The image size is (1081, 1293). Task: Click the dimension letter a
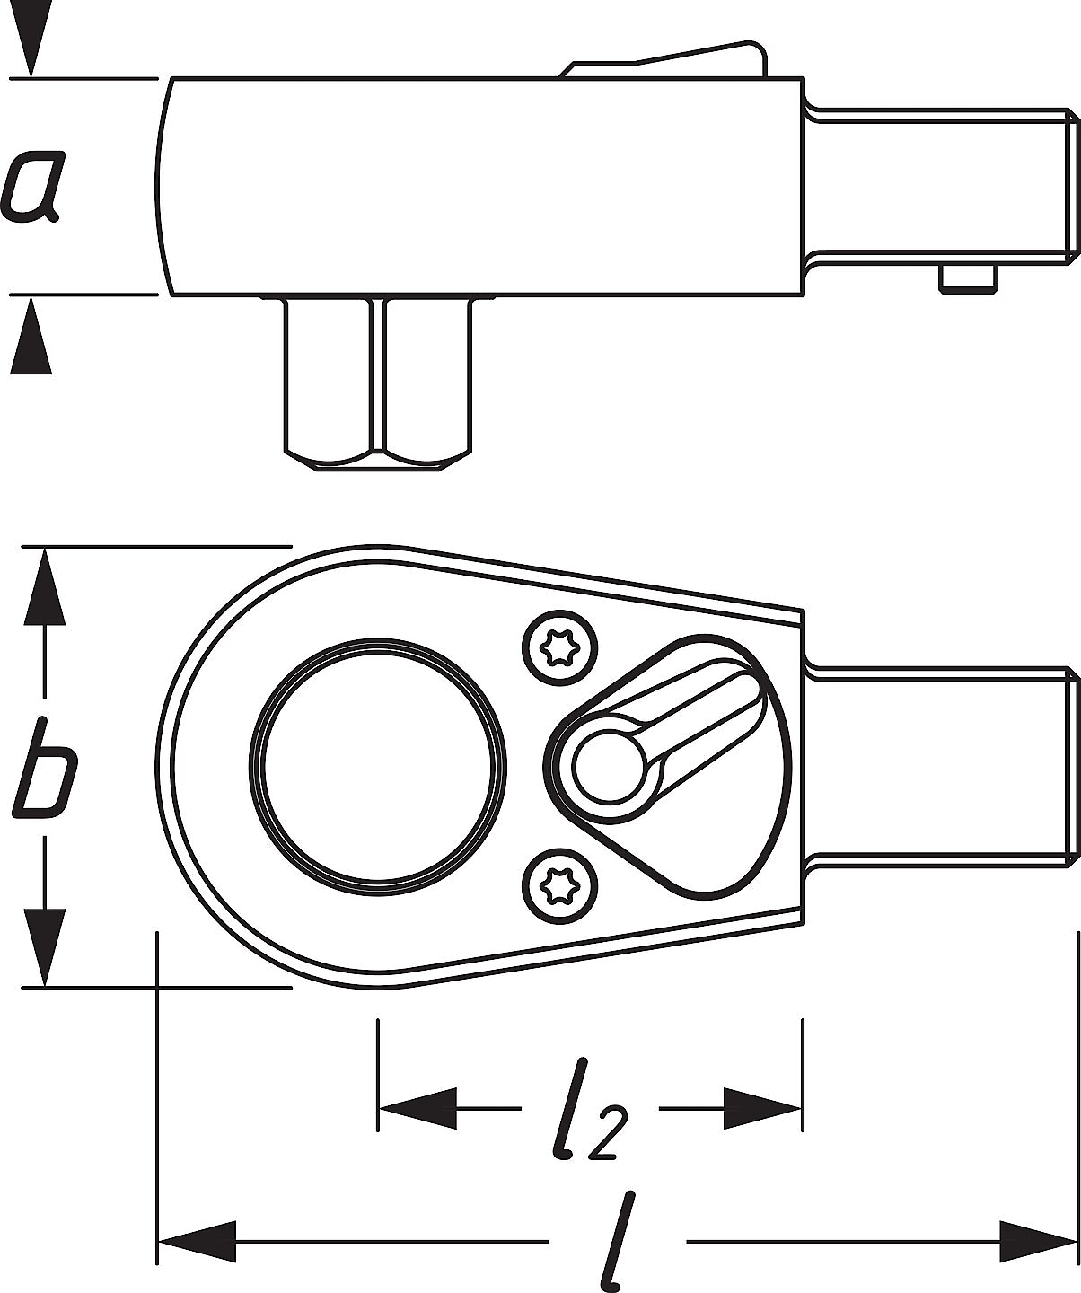[32, 186]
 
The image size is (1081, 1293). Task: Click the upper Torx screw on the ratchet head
[560, 648]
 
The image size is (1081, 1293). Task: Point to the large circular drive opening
[378, 767]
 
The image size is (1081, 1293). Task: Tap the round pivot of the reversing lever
[608, 767]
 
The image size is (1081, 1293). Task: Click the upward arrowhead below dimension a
[31, 335]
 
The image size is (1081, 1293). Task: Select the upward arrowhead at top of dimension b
[45, 586]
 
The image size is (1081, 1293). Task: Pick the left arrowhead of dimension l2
[417, 1108]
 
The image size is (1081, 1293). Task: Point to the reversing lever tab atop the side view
[664, 59]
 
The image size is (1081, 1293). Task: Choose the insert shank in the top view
[942, 767]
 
